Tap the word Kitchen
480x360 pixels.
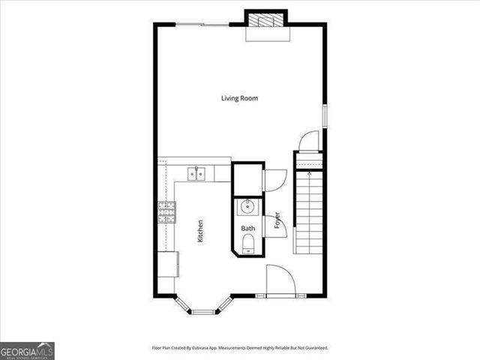200,230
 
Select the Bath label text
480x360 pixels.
247,228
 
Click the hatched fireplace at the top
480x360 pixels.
267,20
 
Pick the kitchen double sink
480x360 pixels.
196,174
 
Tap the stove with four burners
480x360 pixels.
166,212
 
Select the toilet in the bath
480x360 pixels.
247,241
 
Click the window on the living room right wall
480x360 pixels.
325,116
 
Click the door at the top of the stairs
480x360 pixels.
308,141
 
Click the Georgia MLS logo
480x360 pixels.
27,350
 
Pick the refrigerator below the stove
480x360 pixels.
168,263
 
